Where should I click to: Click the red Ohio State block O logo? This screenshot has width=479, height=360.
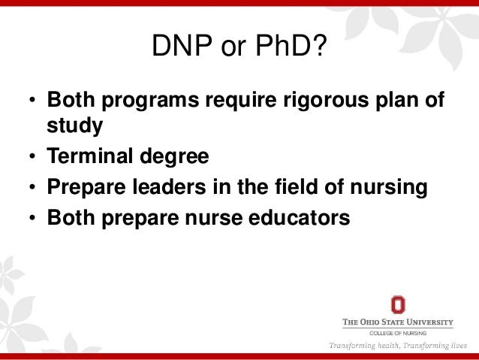(398, 304)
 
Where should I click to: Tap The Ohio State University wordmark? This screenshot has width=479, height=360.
(398, 322)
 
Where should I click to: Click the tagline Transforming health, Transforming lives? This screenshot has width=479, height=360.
(398, 346)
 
